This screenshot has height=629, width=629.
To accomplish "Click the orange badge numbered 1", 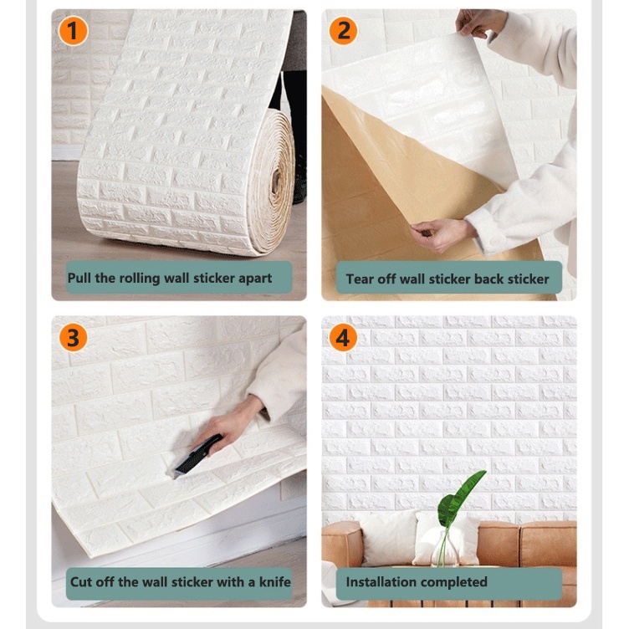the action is click(x=73, y=30).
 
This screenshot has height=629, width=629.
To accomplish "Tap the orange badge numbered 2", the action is click(x=344, y=30).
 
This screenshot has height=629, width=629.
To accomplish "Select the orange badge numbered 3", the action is click(x=73, y=338).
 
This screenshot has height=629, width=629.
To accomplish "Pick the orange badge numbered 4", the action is click(x=343, y=338).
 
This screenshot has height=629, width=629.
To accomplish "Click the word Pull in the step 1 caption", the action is click(x=79, y=278).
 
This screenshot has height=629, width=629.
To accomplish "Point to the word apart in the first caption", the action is click(x=255, y=279).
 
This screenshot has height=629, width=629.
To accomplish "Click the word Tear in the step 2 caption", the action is click(x=360, y=279).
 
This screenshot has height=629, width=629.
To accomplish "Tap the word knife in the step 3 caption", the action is click(x=275, y=581).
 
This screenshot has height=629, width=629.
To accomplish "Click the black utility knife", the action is click(x=197, y=454).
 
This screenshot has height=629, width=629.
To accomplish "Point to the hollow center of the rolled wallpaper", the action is click(x=276, y=181).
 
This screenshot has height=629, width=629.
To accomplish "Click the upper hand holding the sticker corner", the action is click(x=480, y=23).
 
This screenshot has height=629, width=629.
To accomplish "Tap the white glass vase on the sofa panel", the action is click(x=443, y=546).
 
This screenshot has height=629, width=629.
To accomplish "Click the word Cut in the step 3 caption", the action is click(x=81, y=581).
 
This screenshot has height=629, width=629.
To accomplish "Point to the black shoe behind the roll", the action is click(x=299, y=176).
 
